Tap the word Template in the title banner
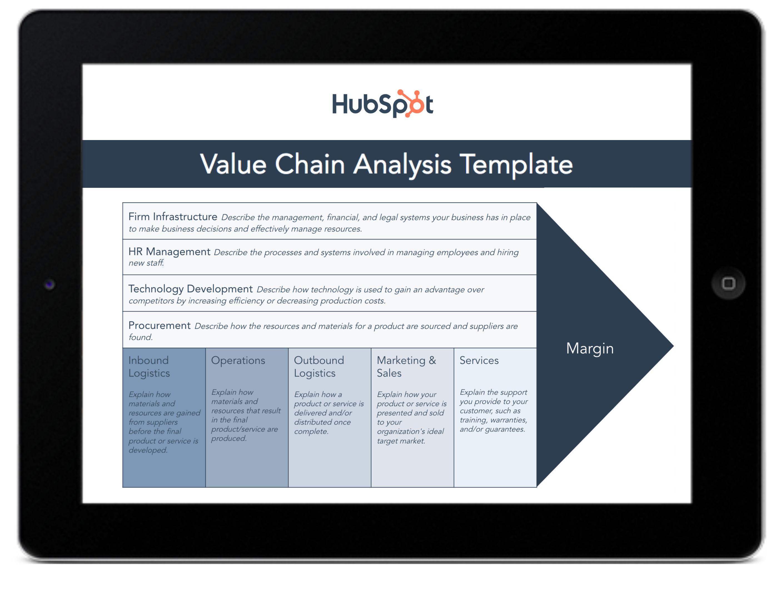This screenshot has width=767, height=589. click(x=516, y=164)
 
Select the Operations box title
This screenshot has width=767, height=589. click(x=238, y=360)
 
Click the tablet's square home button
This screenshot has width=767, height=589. click(x=728, y=283)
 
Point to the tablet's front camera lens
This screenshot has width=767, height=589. click(x=49, y=284)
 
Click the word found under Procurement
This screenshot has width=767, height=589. click(x=140, y=337)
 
